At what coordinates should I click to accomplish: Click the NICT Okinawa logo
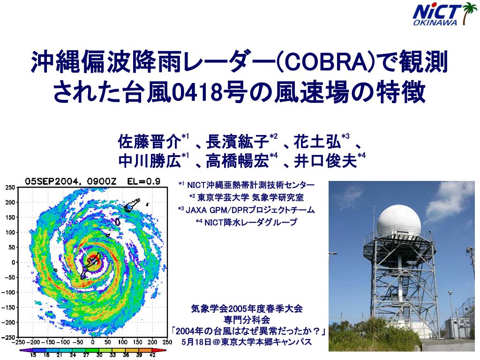click(445, 14)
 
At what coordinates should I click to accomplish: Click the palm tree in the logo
click(468, 14)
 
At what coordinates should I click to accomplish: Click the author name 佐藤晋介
click(150, 142)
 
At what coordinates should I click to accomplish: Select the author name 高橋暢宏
click(237, 161)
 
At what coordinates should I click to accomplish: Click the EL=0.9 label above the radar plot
click(143, 181)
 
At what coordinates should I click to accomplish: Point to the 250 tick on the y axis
click(10, 187)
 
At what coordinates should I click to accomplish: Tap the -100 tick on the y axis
click(8, 292)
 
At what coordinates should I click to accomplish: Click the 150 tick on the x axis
click(138, 342)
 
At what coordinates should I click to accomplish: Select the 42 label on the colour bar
click(152, 355)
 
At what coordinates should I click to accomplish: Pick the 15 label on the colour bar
click(33, 355)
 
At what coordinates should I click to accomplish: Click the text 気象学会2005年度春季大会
click(247, 308)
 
